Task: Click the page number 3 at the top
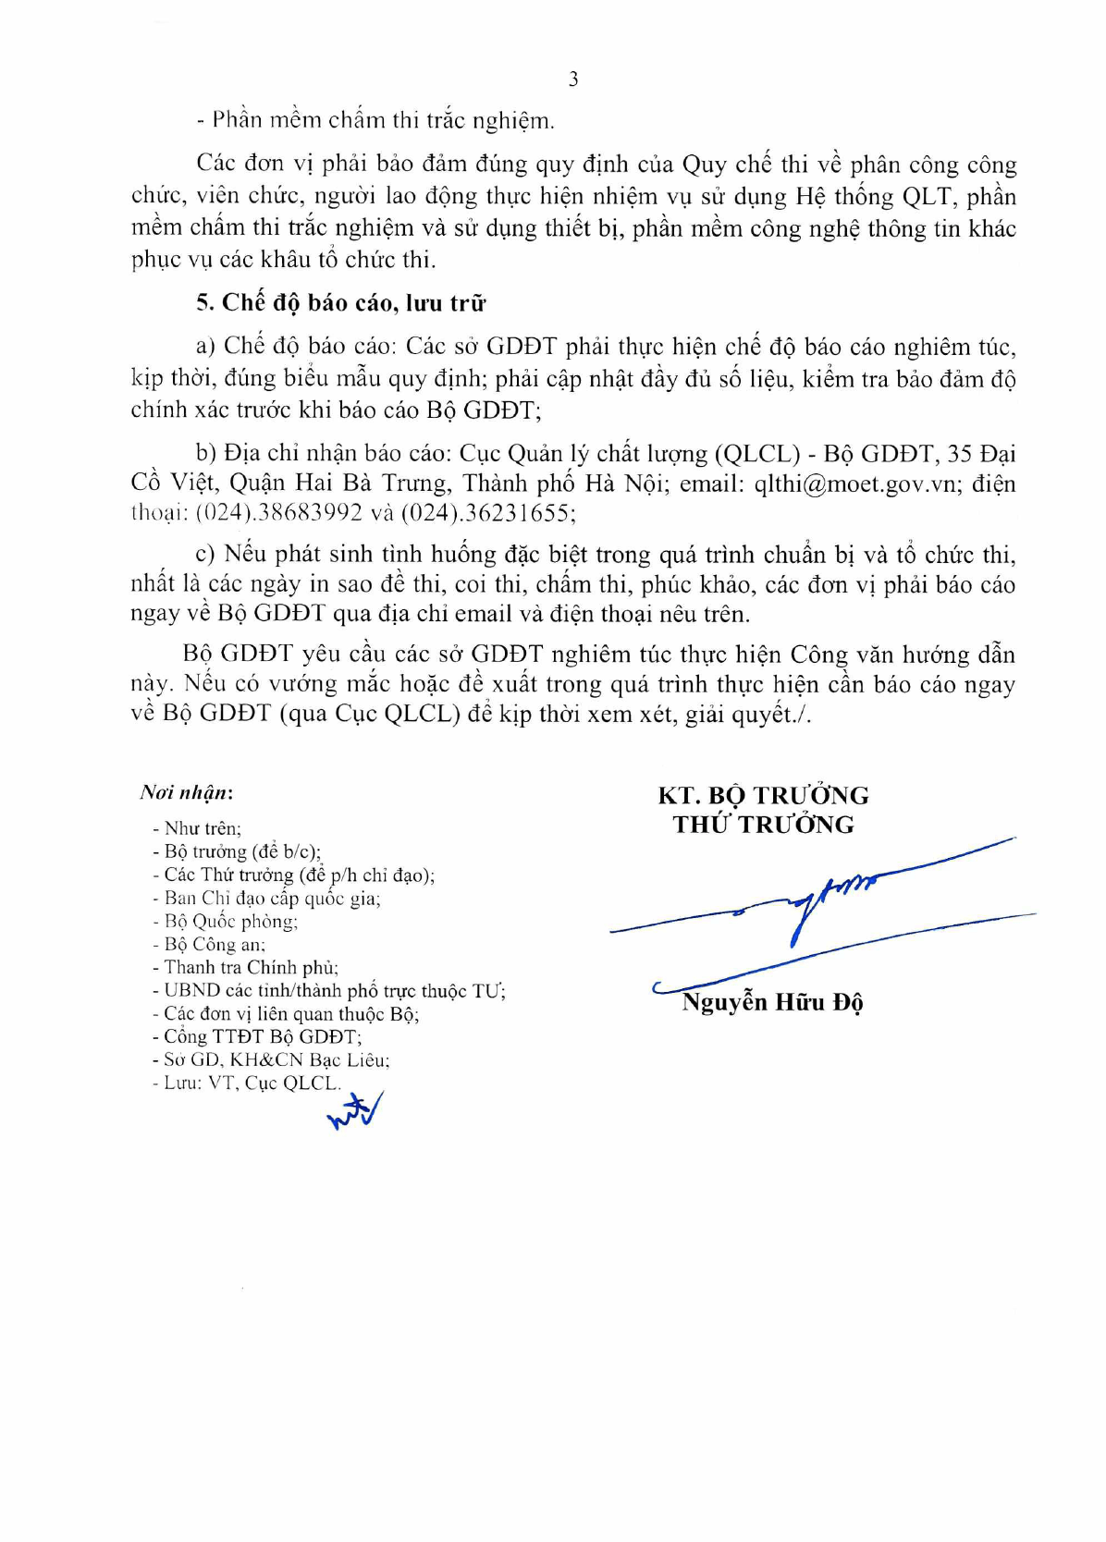tap(573, 80)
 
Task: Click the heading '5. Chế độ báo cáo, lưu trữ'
tap(340, 303)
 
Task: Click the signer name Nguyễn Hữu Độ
tap(771, 1002)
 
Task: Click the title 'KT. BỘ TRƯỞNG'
tap(763, 795)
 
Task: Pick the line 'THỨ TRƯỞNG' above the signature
tap(763, 824)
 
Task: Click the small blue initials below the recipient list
tap(355, 1111)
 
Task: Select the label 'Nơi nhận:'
tap(186, 792)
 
